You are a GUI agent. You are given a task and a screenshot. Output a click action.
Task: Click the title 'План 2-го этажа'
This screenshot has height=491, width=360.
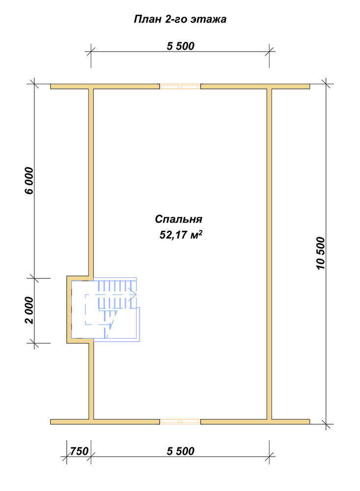point(180,20)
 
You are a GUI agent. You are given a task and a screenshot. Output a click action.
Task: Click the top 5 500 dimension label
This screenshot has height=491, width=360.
point(180,46)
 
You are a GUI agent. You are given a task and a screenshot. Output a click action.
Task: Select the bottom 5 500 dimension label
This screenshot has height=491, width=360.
point(180,451)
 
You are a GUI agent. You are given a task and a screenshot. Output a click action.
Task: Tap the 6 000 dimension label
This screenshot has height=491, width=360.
point(29,181)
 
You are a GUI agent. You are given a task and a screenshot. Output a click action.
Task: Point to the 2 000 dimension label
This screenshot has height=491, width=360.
point(29,310)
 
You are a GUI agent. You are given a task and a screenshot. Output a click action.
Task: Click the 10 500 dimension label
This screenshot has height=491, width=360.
point(321,253)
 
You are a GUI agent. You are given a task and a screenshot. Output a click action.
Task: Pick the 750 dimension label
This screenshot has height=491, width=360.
point(79,451)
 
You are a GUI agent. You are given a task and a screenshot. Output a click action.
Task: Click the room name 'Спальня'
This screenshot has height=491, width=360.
point(179,219)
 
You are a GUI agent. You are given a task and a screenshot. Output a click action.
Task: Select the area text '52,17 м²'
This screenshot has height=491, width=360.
point(180,235)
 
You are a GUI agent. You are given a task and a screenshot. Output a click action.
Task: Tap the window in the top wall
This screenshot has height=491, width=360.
point(180,86)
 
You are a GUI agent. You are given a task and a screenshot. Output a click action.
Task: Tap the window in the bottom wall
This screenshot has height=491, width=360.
point(180,421)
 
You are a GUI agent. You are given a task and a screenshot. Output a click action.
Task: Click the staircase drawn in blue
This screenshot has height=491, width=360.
point(106,309)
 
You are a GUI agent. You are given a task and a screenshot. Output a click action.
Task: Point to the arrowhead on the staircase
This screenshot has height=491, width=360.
point(133,294)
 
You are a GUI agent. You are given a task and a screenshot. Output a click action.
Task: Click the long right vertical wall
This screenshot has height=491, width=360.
point(269,254)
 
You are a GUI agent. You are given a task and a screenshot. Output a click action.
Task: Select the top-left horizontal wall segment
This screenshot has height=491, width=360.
point(105,86)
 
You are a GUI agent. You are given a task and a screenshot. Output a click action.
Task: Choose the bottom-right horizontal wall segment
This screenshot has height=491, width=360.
point(255,421)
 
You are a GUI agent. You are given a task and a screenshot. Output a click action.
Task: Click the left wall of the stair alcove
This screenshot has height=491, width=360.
point(69,309)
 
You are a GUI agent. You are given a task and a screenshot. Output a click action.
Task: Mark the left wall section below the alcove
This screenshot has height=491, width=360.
point(91,381)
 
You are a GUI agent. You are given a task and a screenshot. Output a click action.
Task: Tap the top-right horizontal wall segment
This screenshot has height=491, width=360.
point(255,86)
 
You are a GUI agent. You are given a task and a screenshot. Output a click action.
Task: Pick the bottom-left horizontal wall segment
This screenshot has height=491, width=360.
point(105,421)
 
